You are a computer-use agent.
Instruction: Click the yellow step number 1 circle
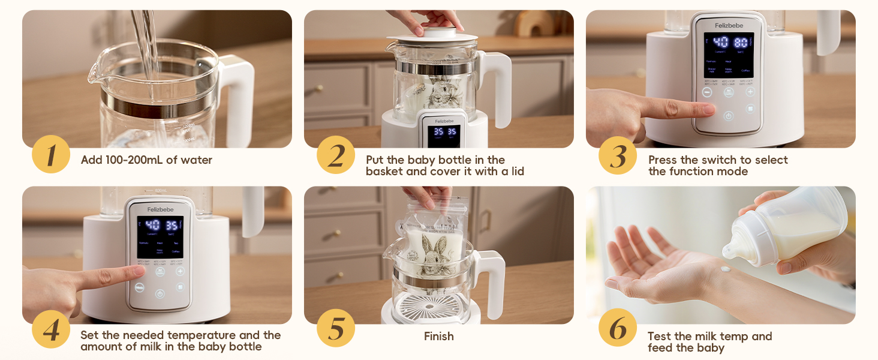(x=51, y=155)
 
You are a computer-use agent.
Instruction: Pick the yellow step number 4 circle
(x=51, y=329)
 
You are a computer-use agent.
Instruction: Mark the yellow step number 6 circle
(x=618, y=328)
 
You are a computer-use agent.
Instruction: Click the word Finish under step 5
(x=438, y=337)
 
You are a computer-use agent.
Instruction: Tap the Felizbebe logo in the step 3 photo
(x=729, y=25)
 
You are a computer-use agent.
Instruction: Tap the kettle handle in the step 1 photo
(x=239, y=90)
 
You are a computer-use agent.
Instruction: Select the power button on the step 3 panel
(x=729, y=116)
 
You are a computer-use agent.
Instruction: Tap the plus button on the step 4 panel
(x=180, y=271)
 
